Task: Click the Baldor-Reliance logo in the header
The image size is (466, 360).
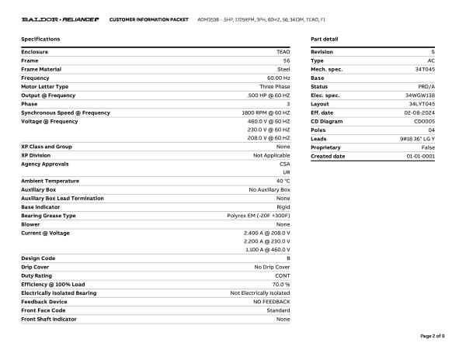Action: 59,18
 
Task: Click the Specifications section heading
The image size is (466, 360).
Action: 40,38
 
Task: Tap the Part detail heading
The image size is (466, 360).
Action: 324,38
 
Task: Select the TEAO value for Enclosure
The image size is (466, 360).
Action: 283,52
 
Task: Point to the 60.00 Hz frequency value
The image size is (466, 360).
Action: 278,78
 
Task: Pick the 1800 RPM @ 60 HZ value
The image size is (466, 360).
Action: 266,112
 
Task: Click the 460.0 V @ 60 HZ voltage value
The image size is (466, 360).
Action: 269,121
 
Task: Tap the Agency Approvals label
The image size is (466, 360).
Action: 45,164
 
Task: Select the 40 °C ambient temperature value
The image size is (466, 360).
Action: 283,181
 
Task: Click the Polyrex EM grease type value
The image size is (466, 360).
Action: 259,216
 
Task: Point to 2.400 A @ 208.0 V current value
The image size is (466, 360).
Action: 266,233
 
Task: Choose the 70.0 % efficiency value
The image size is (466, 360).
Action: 280,284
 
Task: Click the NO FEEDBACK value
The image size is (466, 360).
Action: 270,302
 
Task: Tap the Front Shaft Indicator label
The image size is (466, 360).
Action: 49,319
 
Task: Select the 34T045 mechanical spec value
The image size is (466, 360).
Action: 425,69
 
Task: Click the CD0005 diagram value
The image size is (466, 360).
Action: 424,121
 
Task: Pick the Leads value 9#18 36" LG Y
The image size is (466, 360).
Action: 417,138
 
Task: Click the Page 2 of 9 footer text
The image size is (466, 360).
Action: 432,335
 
